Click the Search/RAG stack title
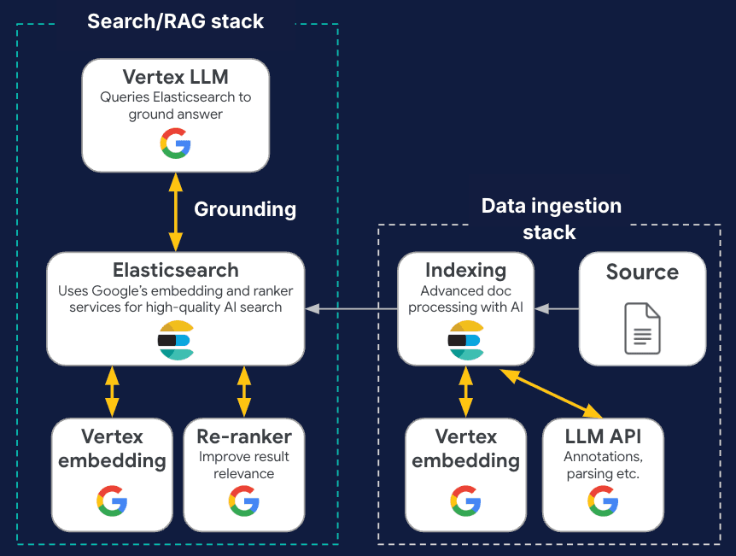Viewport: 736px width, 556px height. (x=176, y=21)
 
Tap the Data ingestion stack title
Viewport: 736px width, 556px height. (x=551, y=219)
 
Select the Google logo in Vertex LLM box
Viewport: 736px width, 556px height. (x=175, y=143)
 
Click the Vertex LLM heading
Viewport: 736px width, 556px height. (x=175, y=77)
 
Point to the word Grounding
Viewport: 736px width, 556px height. (x=245, y=209)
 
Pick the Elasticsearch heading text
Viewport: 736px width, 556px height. (x=176, y=271)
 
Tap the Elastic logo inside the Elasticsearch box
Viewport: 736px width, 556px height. (x=175, y=340)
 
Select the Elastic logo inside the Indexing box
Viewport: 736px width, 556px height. (x=465, y=340)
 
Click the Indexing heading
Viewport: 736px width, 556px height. (x=465, y=271)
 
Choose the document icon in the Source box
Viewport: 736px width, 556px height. (x=642, y=328)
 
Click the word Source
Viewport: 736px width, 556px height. (x=642, y=272)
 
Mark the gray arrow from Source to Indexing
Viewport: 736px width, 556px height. (x=557, y=308)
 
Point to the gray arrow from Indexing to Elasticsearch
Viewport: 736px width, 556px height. (x=352, y=308)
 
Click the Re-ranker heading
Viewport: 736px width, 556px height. (x=244, y=436)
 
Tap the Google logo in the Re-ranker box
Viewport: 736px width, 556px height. (x=244, y=500)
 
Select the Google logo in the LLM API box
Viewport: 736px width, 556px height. (x=603, y=500)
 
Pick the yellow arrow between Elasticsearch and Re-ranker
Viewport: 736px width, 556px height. (x=244, y=391)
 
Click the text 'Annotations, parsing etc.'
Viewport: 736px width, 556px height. (x=603, y=465)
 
